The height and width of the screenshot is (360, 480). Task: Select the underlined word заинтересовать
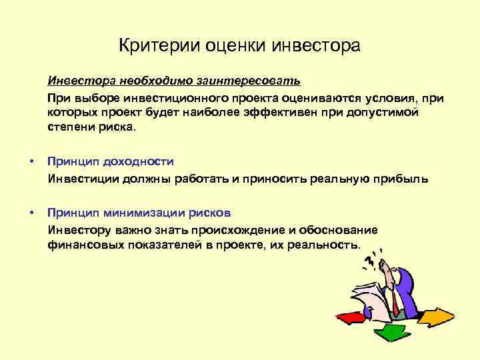tap(248, 82)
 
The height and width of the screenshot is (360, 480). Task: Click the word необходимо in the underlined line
tap(157, 82)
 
